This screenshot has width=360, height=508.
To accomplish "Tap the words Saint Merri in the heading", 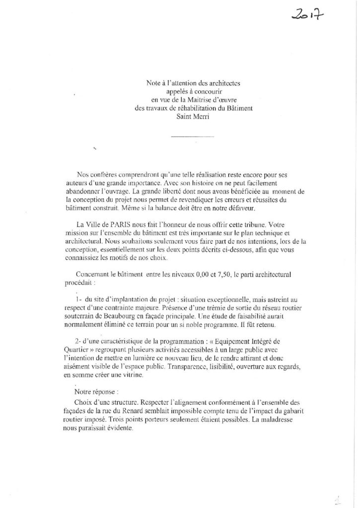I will tap(193, 118).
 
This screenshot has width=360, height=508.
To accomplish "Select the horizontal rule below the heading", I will tap(193, 136).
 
